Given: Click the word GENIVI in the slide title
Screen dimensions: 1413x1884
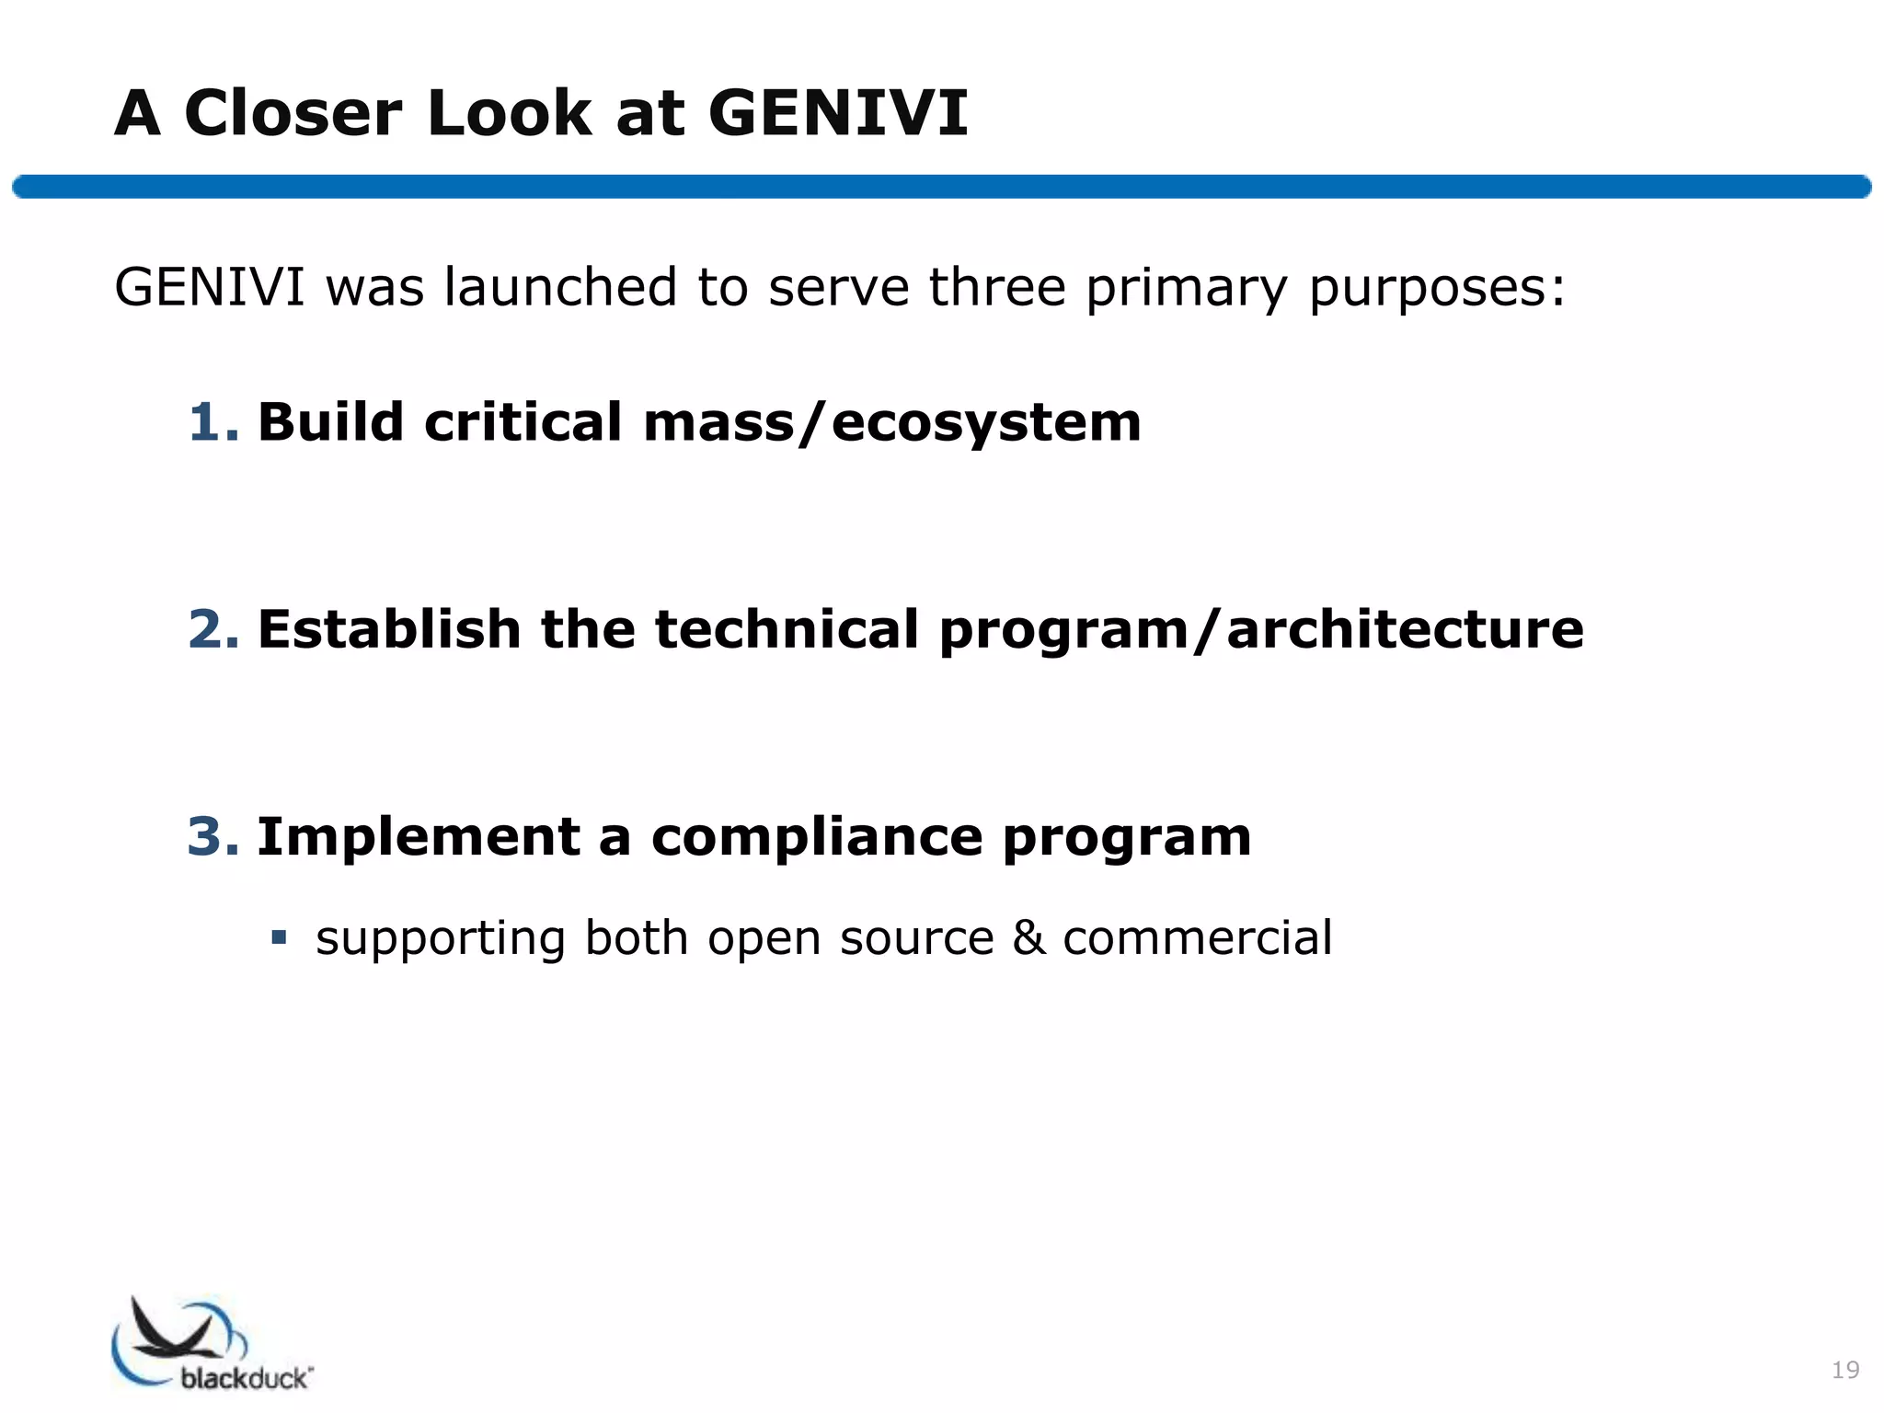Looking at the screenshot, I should tap(837, 113).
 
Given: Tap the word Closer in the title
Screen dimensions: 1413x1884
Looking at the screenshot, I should tap(293, 113).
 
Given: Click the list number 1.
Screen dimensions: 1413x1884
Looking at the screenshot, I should tap(213, 422).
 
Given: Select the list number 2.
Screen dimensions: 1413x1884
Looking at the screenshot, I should tap(213, 629).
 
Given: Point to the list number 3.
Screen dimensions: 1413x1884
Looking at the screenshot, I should tap(213, 837).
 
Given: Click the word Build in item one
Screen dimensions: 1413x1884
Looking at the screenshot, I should tap(330, 422).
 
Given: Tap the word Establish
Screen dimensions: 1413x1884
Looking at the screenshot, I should tap(389, 629).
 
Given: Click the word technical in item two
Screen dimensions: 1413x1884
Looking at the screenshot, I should tap(787, 629).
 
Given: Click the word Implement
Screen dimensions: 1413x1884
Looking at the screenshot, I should tap(419, 837).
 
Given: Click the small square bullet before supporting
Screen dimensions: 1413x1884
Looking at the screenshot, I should tap(279, 938).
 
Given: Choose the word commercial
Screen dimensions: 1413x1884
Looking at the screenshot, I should tap(1197, 938).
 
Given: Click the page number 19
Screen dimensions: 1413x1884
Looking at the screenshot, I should tap(1845, 1370).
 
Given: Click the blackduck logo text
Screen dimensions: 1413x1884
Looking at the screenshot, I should tap(246, 1377).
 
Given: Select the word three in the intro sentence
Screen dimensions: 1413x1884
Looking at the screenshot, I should tap(997, 287).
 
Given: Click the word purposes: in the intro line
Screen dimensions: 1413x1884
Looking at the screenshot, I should tap(1436, 289).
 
